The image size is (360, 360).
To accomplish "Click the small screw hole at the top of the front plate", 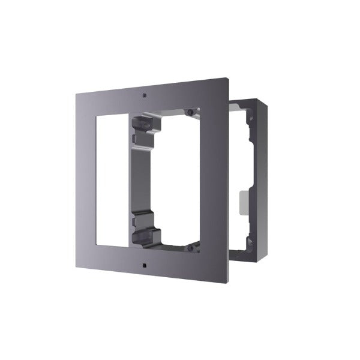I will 145,95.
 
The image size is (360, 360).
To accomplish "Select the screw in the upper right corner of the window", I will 190,112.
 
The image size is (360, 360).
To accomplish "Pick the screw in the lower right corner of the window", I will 190,246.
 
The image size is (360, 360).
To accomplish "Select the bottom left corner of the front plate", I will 76,273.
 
